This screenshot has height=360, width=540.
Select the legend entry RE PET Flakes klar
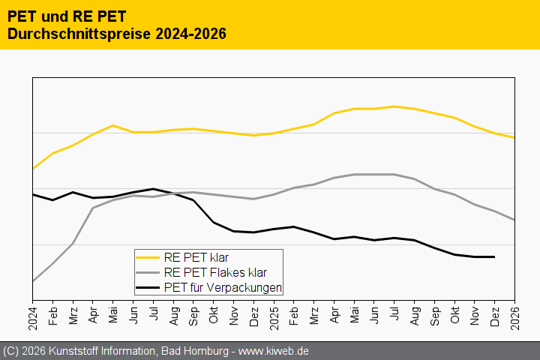[x=214, y=273]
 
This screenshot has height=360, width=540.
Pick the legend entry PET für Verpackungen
[x=222, y=287]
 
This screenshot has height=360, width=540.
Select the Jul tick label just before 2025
[x=153, y=310]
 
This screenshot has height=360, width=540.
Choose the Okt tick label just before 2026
[x=454, y=310]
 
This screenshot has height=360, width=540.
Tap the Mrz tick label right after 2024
[x=73, y=310]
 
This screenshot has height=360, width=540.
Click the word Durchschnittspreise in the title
[x=73, y=34]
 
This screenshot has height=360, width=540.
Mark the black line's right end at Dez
[x=494, y=256]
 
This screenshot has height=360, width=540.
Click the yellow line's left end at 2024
[x=33, y=169]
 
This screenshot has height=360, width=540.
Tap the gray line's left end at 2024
[x=33, y=281]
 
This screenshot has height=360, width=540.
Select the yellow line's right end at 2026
[x=514, y=137]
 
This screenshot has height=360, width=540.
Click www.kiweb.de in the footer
[x=274, y=351]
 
